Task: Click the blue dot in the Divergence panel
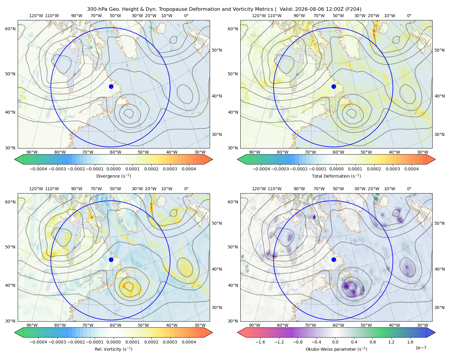(x=111, y=87)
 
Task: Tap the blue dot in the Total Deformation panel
(x=334, y=87)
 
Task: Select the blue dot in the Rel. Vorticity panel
(x=111, y=259)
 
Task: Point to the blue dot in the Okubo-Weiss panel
(x=334, y=259)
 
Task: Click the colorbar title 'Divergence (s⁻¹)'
(x=113, y=176)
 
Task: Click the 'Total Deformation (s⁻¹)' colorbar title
(x=336, y=176)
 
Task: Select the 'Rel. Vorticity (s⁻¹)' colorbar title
(x=113, y=349)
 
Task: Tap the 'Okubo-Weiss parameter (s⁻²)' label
(x=336, y=349)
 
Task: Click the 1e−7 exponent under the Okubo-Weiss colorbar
(x=421, y=348)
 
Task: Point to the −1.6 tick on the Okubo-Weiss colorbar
(x=260, y=342)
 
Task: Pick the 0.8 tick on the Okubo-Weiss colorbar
(x=373, y=342)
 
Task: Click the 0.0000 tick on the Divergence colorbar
(x=113, y=169)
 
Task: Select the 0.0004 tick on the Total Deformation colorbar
(x=411, y=169)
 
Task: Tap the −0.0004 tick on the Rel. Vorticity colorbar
(x=38, y=342)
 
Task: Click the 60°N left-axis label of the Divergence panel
(x=10, y=29)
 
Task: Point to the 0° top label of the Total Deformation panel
(x=409, y=16)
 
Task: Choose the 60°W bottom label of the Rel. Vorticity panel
(x=115, y=325)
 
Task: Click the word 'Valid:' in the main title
(x=286, y=9)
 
